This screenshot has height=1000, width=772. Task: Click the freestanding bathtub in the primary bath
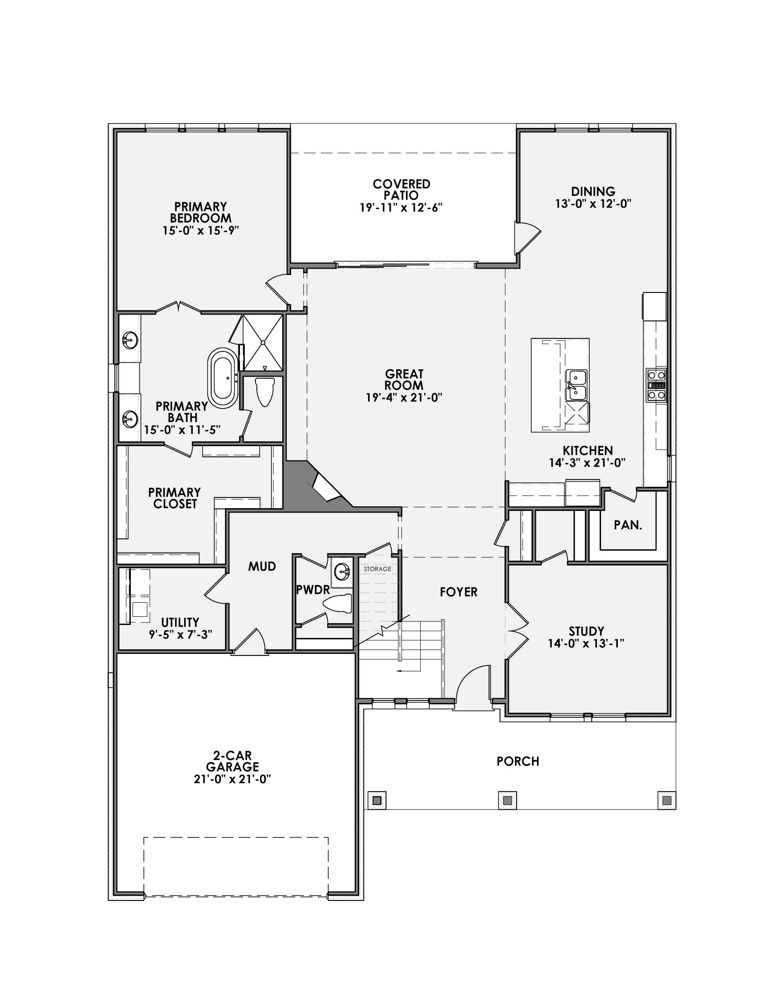(223, 378)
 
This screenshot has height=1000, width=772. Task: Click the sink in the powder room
(342, 571)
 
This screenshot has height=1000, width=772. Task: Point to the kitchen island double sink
(576, 385)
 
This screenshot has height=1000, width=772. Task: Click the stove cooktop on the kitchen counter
(656, 385)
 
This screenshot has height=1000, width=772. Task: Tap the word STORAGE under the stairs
(377, 569)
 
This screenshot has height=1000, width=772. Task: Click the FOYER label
(459, 592)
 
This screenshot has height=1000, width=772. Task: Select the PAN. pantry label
(628, 525)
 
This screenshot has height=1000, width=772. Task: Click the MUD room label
(262, 566)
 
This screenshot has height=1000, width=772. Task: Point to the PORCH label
(518, 761)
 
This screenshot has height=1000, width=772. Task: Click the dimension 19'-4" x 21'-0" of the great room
(404, 397)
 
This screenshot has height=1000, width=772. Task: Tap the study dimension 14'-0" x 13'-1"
(586, 643)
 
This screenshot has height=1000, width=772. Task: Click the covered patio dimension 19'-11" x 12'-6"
(401, 207)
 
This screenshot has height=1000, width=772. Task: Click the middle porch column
(507, 800)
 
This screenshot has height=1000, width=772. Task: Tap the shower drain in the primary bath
(263, 342)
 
